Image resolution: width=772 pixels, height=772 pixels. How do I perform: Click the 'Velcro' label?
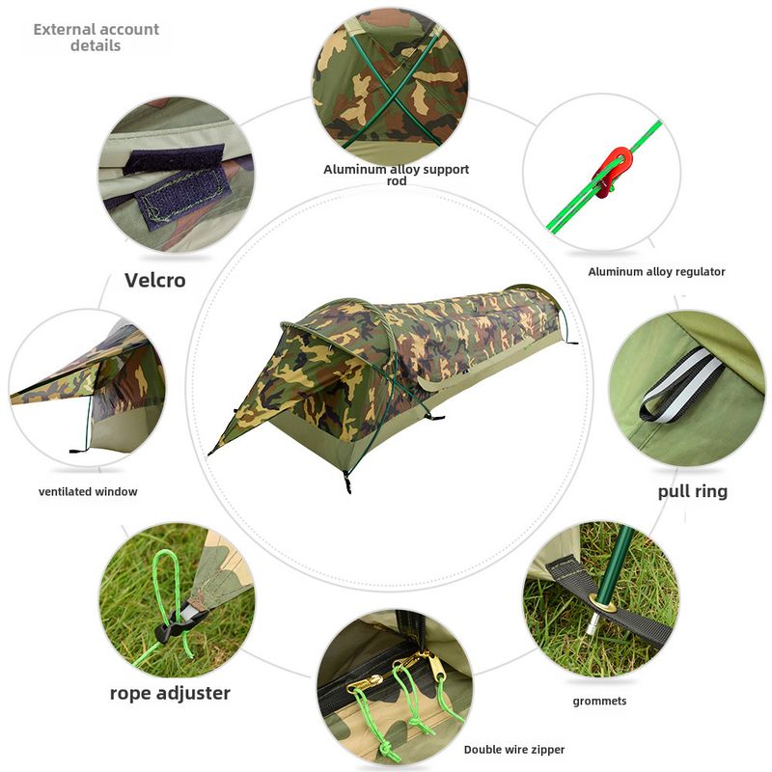[x=155, y=280]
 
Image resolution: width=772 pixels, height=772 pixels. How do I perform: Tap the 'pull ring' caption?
[x=693, y=492]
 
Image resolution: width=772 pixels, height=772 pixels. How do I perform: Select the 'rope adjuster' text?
[x=170, y=693]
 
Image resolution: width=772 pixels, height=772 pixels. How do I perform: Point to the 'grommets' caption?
[x=599, y=702]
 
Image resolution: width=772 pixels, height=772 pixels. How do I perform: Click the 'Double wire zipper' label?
[x=514, y=750]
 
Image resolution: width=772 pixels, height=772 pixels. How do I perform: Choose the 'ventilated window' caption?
[x=88, y=491]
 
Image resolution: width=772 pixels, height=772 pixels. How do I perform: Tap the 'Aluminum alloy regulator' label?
[x=656, y=272]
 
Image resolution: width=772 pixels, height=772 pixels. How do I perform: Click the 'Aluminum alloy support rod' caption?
[x=397, y=175]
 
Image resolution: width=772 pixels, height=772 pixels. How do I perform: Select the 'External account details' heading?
[x=96, y=38]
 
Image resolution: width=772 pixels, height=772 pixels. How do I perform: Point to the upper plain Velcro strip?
[x=174, y=159]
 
